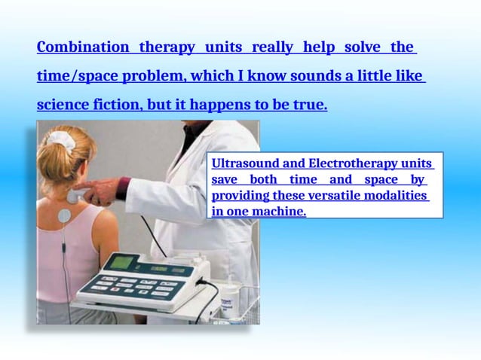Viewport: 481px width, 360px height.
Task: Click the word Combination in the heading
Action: [83, 47]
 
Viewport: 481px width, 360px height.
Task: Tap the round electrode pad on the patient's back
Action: [65, 215]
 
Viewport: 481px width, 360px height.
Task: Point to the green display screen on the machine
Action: [123, 263]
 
